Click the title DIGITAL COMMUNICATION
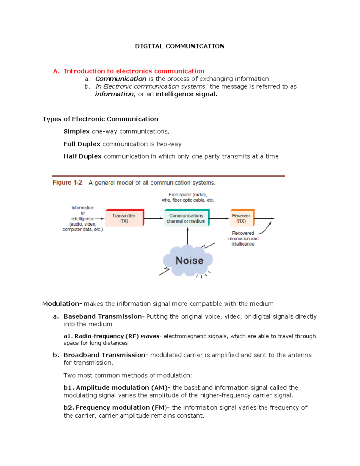pos(179,46)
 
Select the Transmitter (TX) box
pos(124,218)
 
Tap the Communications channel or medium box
pos(186,218)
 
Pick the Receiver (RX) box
pos(241,218)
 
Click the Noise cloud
pos(189,260)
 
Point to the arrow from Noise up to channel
pos(188,236)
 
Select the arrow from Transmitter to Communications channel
pos(154,218)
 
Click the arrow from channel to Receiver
pos(219,218)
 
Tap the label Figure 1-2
pos(67,183)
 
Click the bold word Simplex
pos(76,131)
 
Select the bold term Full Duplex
pos(82,144)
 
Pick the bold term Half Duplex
pos(82,156)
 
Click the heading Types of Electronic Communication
pos(100,119)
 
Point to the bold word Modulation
pos(61,304)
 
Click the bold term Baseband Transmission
pos(103,316)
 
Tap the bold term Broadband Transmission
pos(104,355)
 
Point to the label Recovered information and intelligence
pos(243,239)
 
